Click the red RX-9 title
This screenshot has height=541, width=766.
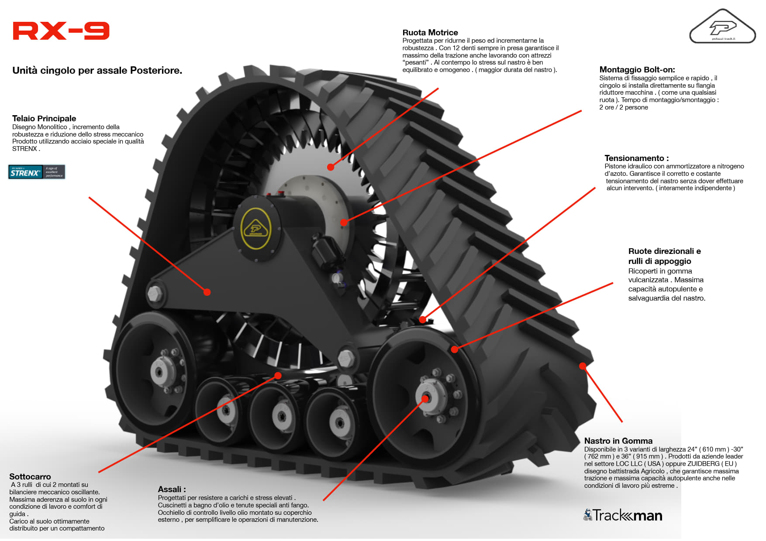(x=61, y=31)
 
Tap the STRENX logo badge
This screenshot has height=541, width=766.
(x=37, y=172)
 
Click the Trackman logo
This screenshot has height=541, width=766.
(x=623, y=515)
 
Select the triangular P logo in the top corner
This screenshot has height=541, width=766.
(x=722, y=27)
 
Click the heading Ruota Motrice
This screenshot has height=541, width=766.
(x=430, y=33)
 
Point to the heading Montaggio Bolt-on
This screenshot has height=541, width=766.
(x=637, y=70)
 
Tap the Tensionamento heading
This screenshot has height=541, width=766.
(x=636, y=158)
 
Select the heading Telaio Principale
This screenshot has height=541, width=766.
(x=44, y=119)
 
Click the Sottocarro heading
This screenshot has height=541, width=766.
(x=30, y=476)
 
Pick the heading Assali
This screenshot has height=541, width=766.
(x=172, y=490)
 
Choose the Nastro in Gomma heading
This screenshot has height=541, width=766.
(x=618, y=441)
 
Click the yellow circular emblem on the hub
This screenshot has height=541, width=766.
(x=256, y=229)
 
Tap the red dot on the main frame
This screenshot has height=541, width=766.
(x=207, y=292)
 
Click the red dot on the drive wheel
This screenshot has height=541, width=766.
(x=331, y=167)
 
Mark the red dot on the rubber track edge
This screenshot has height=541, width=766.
(x=583, y=366)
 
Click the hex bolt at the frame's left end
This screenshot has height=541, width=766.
(x=155, y=293)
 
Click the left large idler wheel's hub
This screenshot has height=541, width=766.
(x=159, y=371)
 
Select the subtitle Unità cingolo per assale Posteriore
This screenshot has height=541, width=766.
(x=97, y=71)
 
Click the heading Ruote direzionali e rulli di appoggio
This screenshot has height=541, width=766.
(x=664, y=256)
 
